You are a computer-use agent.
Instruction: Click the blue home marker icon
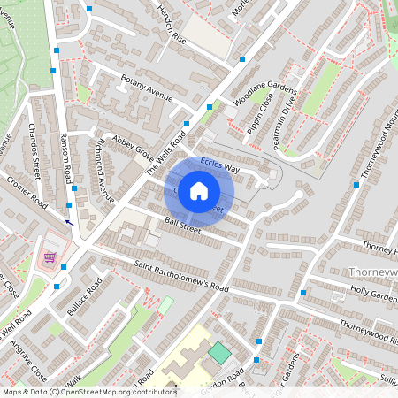click(x=199, y=190)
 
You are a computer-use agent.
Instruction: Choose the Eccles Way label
click(x=219, y=165)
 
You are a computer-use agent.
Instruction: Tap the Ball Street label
click(x=183, y=226)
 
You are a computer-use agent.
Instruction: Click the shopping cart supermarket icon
click(x=50, y=258)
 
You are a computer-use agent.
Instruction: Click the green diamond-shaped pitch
click(x=218, y=353)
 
